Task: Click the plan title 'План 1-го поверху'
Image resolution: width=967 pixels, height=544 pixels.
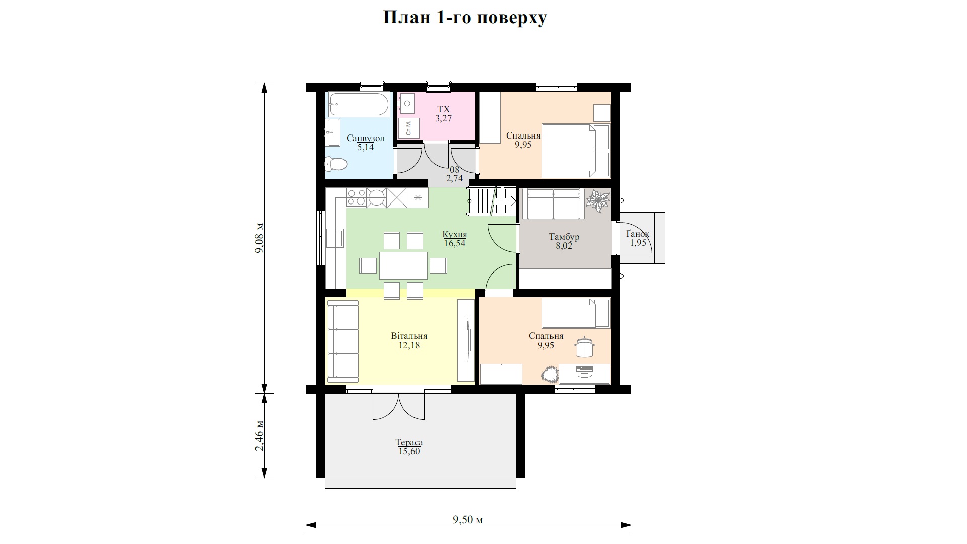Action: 465,18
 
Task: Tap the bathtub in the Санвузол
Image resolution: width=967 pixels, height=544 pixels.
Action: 359,105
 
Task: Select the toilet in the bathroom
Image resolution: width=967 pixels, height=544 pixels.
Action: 335,164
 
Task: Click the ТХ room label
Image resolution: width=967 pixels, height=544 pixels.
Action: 444,109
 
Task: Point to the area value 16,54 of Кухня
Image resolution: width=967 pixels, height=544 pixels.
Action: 455,243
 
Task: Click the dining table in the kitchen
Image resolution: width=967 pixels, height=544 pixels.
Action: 403,265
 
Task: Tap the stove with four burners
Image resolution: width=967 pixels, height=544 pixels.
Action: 356,197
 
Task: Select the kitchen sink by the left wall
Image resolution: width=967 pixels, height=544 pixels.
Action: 335,238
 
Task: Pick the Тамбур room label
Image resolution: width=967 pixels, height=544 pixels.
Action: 564,237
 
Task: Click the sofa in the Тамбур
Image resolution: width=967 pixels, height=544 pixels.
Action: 554,203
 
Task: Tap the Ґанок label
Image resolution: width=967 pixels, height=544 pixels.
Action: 638,234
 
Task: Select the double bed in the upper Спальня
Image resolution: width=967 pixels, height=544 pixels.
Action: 576,151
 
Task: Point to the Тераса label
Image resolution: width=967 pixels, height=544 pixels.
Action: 409,442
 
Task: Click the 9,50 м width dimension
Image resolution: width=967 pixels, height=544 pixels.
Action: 468,519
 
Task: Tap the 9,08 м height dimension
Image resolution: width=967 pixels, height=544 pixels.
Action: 260,238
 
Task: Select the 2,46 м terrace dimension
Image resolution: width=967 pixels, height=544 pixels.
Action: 260,436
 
